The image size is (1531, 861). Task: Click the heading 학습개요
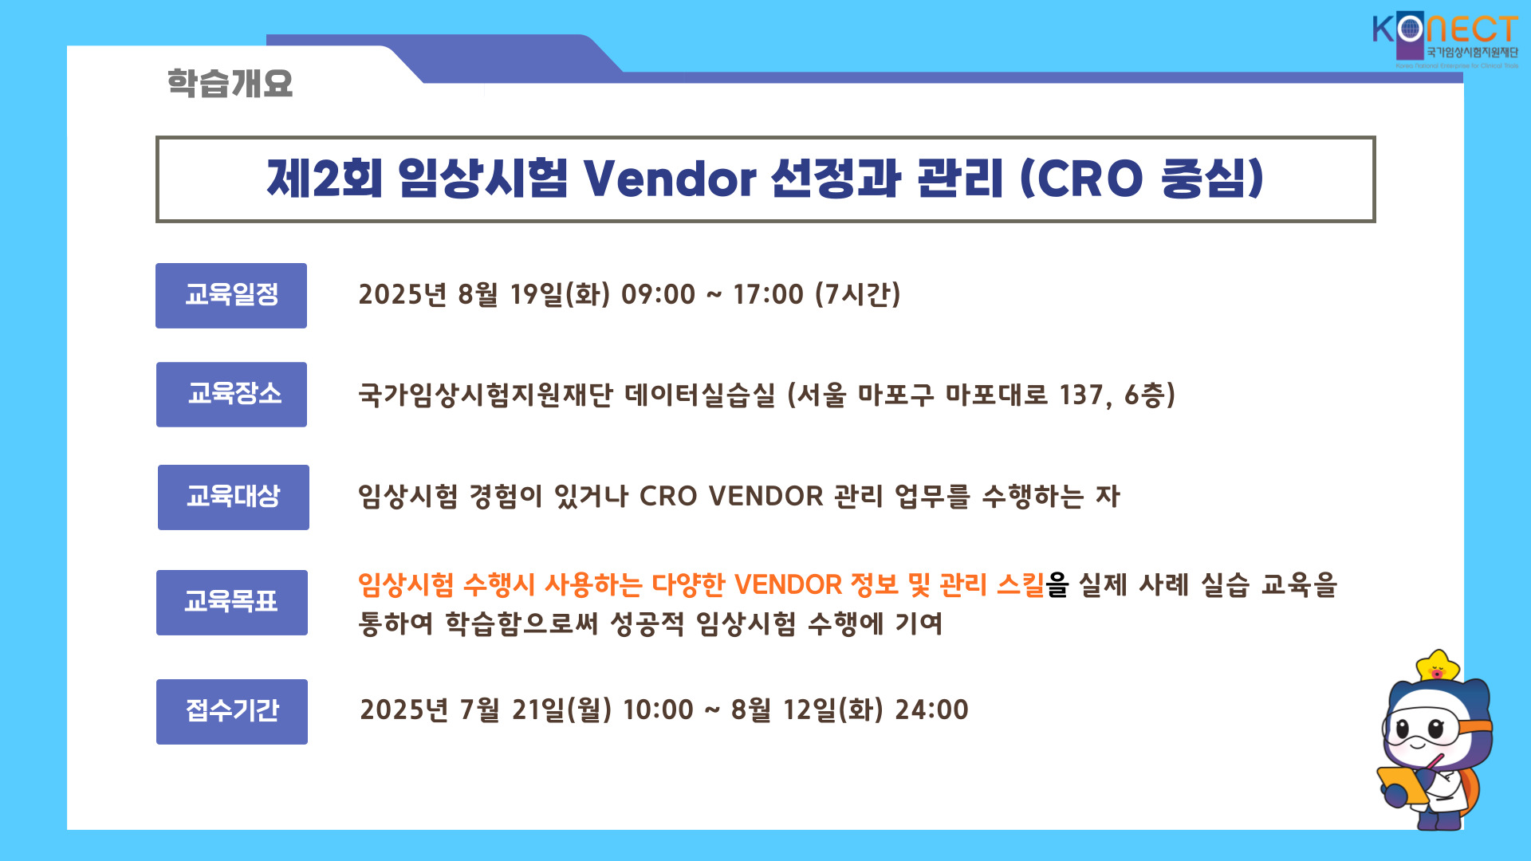[230, 83]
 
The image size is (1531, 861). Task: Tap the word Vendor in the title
[670, 178]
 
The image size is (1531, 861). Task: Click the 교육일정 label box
[231, 296]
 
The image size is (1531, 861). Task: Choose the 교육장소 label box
[231, 395]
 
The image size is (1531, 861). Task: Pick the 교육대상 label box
[234, 497]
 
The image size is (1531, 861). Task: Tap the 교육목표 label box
[232, 603]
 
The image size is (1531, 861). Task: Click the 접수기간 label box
[232, 712]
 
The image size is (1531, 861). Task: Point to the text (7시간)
[858, 294]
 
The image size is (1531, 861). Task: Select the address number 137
[1082, 395]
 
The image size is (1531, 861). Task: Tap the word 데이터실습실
[700, 395]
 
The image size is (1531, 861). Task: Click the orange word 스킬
[1021, 584]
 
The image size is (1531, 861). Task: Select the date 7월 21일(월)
[536, 710]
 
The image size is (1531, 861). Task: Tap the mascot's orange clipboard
[1403, 785]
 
